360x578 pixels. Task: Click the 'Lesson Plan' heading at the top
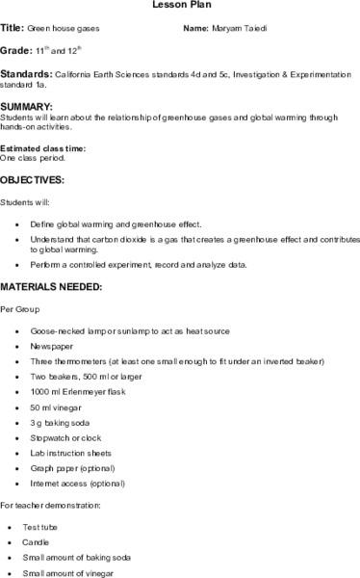(180, 5)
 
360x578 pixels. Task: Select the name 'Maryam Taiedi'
(239, 29)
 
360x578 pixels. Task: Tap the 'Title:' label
(12, 29)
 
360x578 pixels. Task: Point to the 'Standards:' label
(26, 73)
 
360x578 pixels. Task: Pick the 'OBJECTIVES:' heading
(32, 180)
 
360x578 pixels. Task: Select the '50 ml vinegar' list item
(57, 407)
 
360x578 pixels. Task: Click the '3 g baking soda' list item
(61, 423)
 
